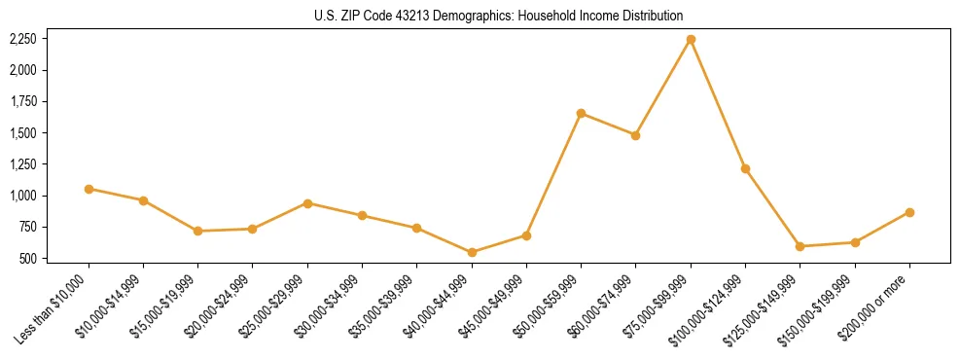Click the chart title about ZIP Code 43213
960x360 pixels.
point(499,16)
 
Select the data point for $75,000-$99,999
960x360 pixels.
point(691,40)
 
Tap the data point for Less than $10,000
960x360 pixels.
point(89,189)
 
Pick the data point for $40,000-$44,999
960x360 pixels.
point(472,252)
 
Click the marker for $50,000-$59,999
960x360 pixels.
point(581,113)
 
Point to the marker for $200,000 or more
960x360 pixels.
point(909,212)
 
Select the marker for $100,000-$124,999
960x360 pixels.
point(745,168)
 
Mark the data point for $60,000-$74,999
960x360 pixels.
point(635,135)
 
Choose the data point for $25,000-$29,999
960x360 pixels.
point(307,203)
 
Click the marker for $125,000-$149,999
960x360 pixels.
point(800,246)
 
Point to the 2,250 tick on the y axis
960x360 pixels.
point(21,39)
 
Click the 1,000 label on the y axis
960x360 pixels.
point(21,196)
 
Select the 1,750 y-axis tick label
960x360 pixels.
point(21,102)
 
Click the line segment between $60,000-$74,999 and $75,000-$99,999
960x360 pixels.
point(663,88)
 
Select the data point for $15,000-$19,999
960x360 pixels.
point(197,231)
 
